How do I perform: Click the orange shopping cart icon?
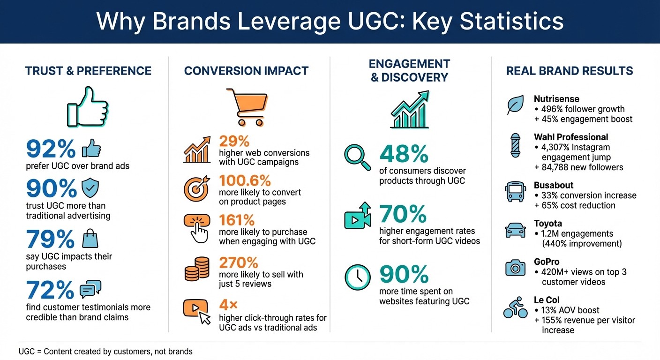click(x=247, y=107)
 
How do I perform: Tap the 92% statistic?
click(x=51, y=149)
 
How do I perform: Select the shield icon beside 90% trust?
click(x=90, y=188)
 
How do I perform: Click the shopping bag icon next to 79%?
click(x=90, y=239)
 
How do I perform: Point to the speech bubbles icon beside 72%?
click(x=90, y=289)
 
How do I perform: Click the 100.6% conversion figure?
click(x=245, y=180)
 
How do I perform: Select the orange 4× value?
click(x=228, y=305)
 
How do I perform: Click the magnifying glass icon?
click(x=357, y=157)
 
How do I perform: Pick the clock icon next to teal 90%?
click(x=358, y=277)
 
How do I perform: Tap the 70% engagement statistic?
click(x=403, y=214)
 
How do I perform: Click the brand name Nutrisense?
click(x=556, y=99)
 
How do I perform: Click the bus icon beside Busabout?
click(x=515, y=191)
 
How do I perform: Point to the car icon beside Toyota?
click(x=515, y=231)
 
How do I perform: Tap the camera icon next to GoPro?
click(x=515, y=268)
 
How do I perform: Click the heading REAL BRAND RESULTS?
click(x=570, y=71)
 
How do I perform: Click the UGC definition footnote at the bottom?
click(x=105, y=351)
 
